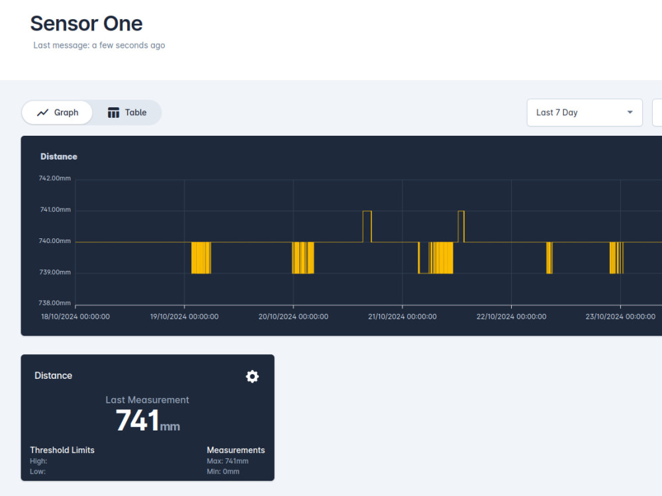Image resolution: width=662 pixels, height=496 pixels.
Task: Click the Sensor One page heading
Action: [x=87, y=24]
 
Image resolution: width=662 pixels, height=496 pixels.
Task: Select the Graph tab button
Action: [x=57, y=113]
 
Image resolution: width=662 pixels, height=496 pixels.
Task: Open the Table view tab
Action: [x=127, y=113]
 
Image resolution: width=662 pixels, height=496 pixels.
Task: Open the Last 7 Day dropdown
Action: [x=585, y=113]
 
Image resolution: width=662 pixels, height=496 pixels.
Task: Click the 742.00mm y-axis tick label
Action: [x=55, y=178]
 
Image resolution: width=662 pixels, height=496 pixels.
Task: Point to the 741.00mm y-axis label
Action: [x=56, y=209]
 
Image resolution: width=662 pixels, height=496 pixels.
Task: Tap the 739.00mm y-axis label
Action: [x=55, y=272]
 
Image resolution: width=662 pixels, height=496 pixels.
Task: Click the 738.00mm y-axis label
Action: [x=55, y=303]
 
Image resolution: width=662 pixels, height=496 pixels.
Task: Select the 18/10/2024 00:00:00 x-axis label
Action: [x=75, y=317]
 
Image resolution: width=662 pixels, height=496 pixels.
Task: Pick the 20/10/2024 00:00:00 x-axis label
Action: [x=293, y=317]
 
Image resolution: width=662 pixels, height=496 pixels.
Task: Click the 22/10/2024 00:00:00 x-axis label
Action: [x=511, y=317]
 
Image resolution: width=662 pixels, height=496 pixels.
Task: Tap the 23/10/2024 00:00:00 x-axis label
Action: [x=620, y=317]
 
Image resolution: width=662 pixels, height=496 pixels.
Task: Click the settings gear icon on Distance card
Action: [x=252, y=376]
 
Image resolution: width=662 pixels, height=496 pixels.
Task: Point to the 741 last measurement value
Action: [x=138, y=421]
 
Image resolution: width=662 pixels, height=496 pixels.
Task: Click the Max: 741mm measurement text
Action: [x=228, y=461]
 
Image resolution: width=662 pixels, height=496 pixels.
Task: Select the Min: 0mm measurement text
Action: [x=223, y=471]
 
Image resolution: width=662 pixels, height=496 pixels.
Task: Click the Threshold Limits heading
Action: [x=62, y=450]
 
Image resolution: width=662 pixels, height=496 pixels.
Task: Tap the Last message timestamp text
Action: [x=99, y=45]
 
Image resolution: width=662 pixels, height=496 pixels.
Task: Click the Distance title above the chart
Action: [x=59, y=156]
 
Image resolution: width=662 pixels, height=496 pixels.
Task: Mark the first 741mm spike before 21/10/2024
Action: [x=367, y=211]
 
